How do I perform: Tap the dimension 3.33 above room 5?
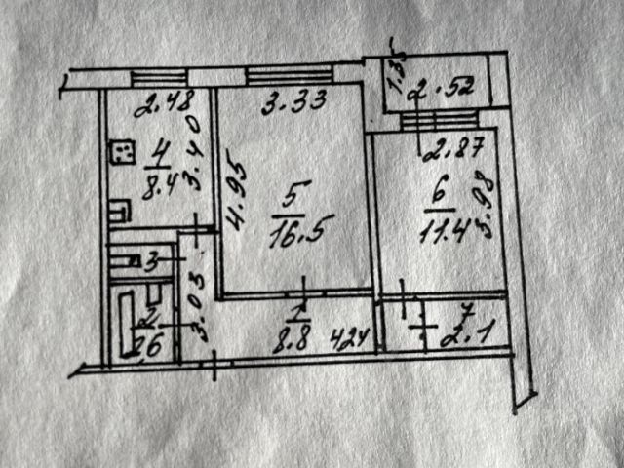tap(290, 98)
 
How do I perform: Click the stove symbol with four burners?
tap(122, 152)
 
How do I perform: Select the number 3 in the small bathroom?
tap(151, 261)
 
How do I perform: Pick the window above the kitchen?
tap(156, 78)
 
